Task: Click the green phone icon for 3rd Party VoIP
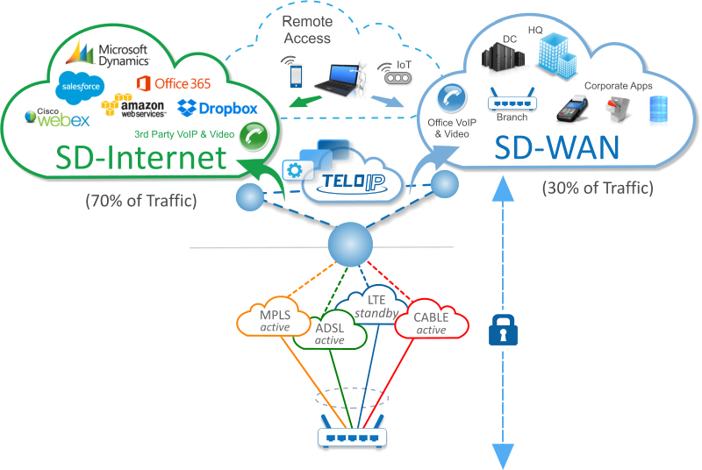(x=253, y=135)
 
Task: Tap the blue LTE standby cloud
(x=376, y=308)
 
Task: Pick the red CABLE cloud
(x=431, y=324)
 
